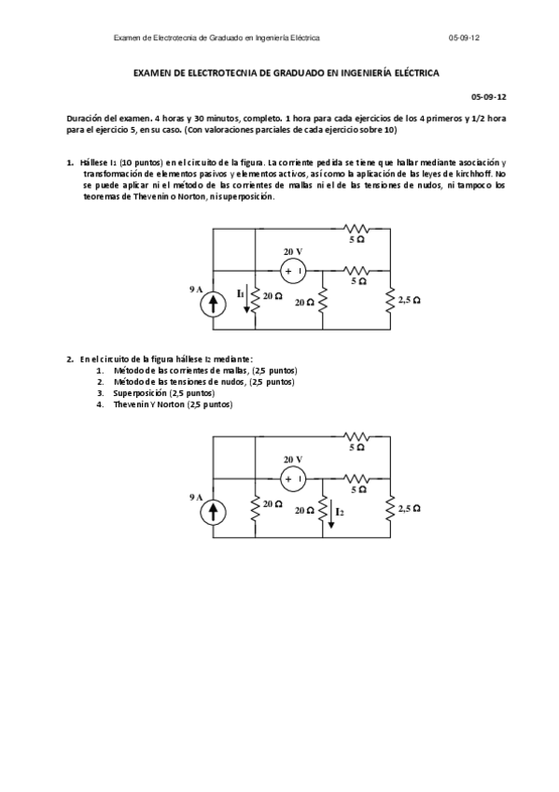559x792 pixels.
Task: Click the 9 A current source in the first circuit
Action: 215,303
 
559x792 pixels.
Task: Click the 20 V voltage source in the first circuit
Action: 294,271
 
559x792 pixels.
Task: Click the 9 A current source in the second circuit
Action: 215,511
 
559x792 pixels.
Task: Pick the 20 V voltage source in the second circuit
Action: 294,479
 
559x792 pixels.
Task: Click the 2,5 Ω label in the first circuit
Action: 409,300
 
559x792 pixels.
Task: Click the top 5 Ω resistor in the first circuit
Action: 356,227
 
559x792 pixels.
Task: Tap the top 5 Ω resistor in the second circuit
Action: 356,435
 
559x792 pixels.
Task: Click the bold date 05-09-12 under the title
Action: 490,95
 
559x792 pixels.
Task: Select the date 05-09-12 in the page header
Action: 464,38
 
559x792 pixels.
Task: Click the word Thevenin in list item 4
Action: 133,404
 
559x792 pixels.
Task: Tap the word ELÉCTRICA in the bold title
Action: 416,72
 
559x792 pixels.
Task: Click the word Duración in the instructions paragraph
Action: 85,119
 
